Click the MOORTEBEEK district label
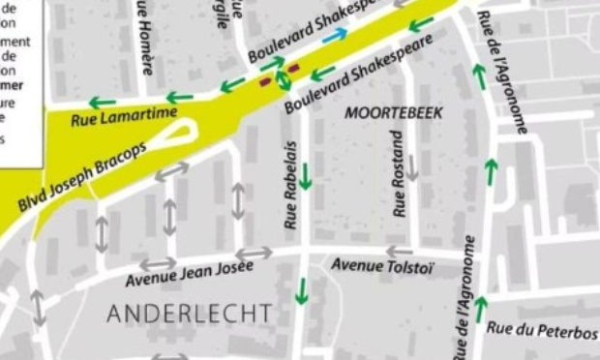(394, 113)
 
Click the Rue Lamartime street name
(124, 117)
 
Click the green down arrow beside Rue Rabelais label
(305, 175)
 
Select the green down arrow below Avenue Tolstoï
(303, 289)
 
